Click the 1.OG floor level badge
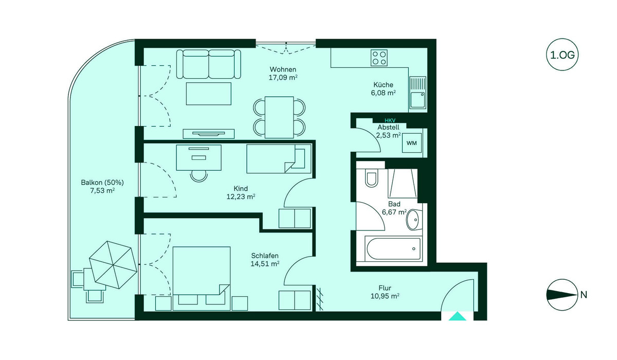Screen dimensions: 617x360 click(x=562, y=55)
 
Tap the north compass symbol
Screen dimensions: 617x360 click(x=562, y=295)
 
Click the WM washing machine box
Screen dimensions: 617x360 click(x=411, y=143)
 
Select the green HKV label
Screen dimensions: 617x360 click(x=390, y=120)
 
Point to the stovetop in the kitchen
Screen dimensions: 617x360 click(x=379, y=58)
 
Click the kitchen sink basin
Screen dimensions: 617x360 click(x=418, y=100)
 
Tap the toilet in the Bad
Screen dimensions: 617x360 click(x=371, y=178)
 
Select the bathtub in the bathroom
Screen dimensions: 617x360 click(x=393, y=249)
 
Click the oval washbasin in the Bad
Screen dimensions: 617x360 click(x=412, y=220)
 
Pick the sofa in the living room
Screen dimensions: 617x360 click(x=209, y=64)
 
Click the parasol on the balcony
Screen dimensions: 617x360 click(x=113, y=265)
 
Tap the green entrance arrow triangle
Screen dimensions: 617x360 click(x=457, y=316)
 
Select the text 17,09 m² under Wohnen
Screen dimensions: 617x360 click(x=283, y=77)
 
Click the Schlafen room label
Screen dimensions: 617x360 click(x=265, y=256)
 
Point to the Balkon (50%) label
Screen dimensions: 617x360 click(x=102, y=183)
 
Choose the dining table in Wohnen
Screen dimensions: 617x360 click(x=279, y=117)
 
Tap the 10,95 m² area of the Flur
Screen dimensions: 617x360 click(x=385, y=296)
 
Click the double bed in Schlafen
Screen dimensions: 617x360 click(x=202, y=278)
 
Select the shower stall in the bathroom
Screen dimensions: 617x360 click(x=403, y=183)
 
